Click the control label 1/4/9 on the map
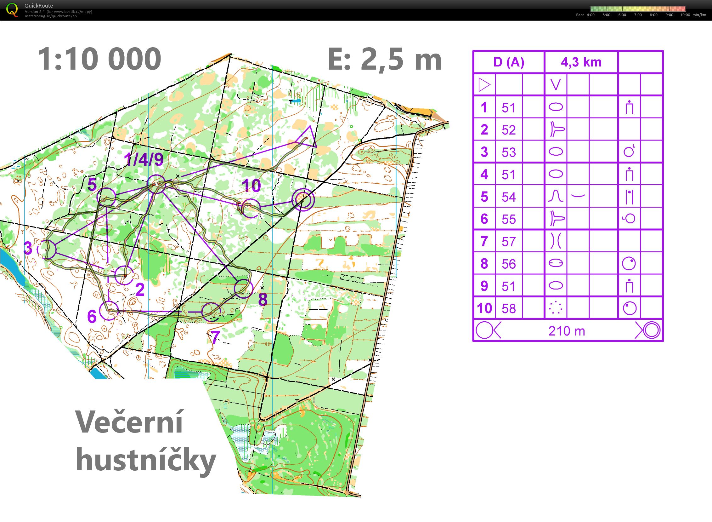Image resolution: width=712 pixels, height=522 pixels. click(144, 160)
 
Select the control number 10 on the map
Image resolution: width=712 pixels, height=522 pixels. click(251, 186)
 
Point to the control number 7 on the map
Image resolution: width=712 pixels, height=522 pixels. click(215, 337)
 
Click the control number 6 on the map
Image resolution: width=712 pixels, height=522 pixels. click(92, 316)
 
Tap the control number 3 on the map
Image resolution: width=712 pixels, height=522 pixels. click(28, 248)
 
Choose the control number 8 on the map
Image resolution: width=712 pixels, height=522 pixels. click(263, 299)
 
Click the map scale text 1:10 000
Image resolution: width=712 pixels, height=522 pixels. click(99, 59)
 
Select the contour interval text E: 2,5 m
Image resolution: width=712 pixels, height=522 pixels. click(385, 59)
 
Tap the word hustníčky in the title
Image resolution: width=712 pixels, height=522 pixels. click(146, 460)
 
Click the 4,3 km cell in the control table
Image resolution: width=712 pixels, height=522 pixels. click(581, 62)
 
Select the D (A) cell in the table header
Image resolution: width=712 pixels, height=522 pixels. click(509, 62)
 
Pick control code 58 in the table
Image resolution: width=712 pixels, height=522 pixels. click(509, 308)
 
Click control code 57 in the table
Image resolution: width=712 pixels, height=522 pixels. click(509, 241)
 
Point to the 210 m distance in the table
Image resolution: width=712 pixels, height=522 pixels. click(567, 331)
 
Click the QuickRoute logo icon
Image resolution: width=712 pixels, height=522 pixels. click(12, 9)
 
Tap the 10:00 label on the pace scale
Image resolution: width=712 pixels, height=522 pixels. click(685, 15)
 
